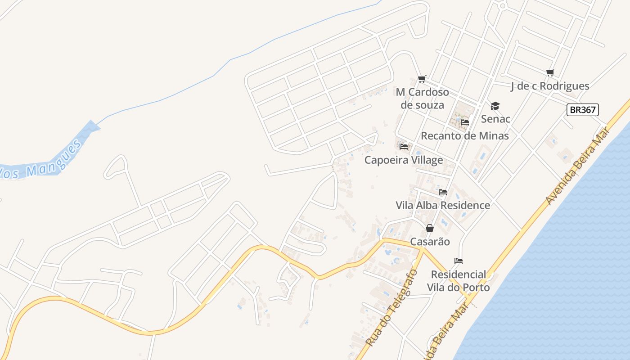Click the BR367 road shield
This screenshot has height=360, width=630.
(x=583, y=109)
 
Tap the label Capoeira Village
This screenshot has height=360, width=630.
(x=404, y=160)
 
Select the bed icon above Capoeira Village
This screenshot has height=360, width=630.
(x=404, y=146)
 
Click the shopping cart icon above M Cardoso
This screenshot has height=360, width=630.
(x=422, y=79)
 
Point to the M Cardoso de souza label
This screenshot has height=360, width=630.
(x=422, y=99)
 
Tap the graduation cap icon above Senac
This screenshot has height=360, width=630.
(x=495, y=106)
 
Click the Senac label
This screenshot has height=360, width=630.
(x=495, y=119)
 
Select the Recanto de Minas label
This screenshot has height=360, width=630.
(x=464, y=135)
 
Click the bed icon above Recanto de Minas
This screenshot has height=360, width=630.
(x=465, y=122)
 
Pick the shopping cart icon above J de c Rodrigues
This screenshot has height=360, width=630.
(x=550, y=72)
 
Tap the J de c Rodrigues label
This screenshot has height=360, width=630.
(x=550, y=86)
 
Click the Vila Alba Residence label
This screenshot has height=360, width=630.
(x=443, y=205)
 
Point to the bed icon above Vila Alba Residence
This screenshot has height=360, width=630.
(x=443, y=192)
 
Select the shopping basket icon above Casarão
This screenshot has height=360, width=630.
(x=430, y=228)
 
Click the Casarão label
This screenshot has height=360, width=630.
(x=430, y=242)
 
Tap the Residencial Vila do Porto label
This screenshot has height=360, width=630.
(x=458, y=280)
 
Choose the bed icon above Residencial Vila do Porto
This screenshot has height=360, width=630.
(x=459, y=261)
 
